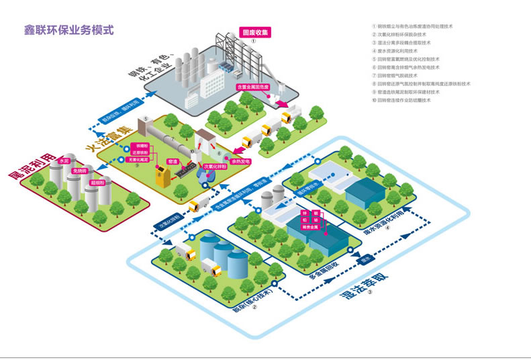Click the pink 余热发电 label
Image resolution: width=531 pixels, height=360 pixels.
coord(240,161)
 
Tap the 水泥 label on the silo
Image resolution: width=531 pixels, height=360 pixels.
coord(65,162)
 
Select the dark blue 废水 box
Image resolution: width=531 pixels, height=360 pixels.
coord(367,257)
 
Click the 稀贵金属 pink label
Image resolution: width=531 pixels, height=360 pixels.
coord(310,226)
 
